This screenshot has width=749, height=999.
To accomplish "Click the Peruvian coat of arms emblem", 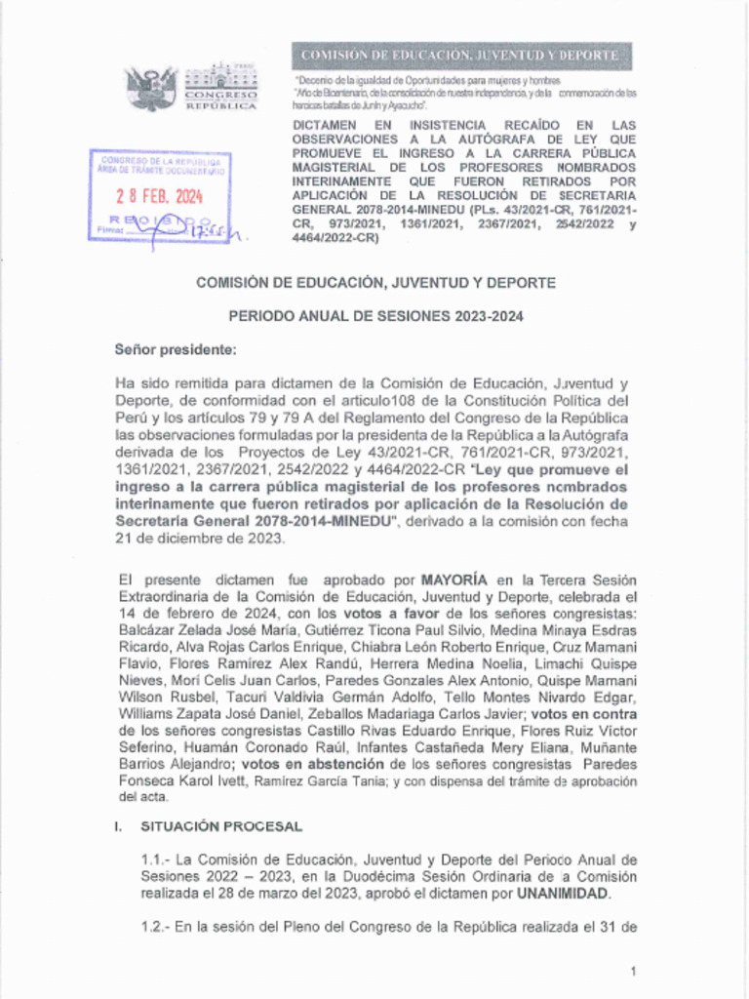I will (151, 87).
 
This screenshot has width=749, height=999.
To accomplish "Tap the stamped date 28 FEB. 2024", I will (159, 195).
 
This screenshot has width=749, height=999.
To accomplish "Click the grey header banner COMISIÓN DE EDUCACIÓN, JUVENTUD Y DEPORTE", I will (459, 55).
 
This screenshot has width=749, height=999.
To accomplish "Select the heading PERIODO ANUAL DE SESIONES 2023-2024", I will (375, 316).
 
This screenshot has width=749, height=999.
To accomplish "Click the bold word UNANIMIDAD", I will (563, 893).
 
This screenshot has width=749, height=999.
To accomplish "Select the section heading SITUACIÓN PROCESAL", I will (221, 826).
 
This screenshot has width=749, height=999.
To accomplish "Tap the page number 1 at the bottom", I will (633, 972).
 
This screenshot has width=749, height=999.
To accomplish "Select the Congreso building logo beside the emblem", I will (220, 86).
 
